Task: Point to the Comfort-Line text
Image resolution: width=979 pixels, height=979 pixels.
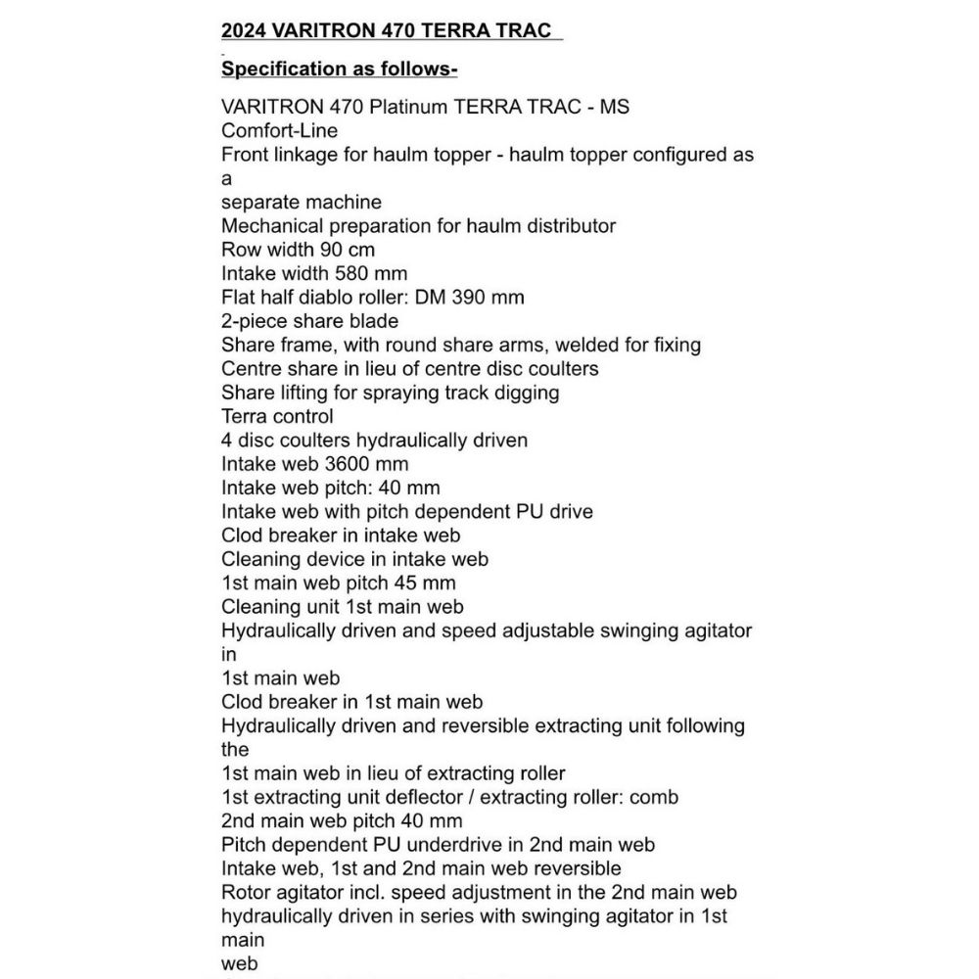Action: (x=279, y=130)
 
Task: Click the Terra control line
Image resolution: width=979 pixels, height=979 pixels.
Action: (x=277, y=416)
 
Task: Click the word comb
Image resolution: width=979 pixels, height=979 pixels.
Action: (x=655, y=797)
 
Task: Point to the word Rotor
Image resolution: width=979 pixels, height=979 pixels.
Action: (x=247, y=893)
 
